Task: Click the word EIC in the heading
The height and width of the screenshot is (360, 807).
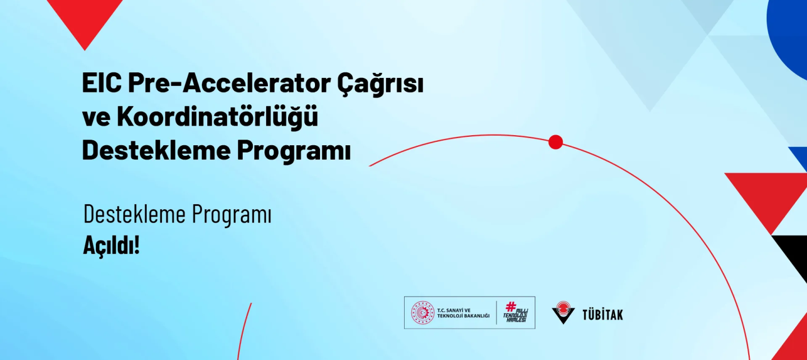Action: (101, 83)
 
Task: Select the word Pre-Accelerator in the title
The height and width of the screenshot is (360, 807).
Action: (229, 83)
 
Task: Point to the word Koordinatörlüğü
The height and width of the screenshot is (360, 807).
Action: (217, 116)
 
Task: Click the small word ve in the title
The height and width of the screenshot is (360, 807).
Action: (96, 118)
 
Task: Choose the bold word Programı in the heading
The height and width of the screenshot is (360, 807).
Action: (294, 151)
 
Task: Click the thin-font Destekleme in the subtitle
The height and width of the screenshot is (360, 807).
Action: (134, 214)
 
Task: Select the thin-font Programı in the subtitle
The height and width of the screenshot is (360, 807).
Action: (231, 215)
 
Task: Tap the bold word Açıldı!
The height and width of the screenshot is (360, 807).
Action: (112, 246)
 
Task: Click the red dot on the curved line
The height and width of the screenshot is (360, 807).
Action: (555, 142)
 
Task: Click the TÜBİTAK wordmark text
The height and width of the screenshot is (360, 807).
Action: (602, 314)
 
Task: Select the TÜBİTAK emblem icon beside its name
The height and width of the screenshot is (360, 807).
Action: (563, 312)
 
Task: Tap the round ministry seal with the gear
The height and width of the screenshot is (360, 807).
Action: (423, 312)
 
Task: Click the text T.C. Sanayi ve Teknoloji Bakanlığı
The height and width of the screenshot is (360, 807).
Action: (463, 313)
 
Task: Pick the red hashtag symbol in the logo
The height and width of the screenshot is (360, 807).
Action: (511, 307)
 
